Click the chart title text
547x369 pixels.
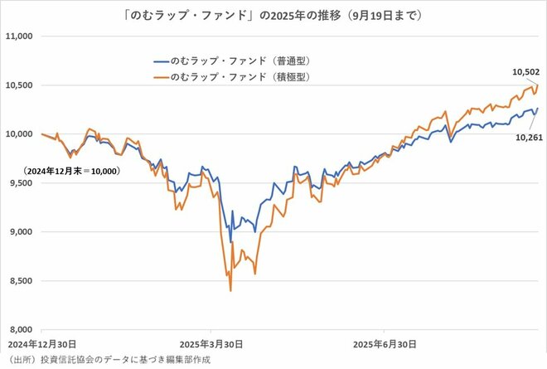tap(273, 14)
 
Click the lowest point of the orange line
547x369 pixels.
tap(230, 291)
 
